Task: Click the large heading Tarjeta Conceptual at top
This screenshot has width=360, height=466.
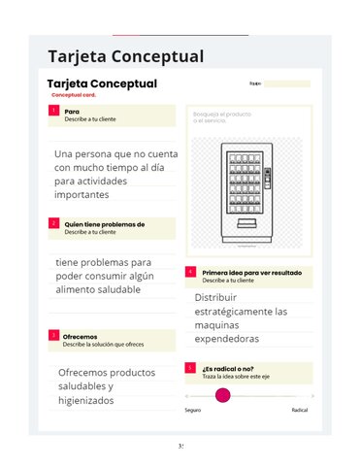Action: (125, 56)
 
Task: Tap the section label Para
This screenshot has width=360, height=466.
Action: (72, 112)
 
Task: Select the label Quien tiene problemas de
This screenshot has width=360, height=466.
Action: (104, 224)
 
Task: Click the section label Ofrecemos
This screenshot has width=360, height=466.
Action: (81, 336)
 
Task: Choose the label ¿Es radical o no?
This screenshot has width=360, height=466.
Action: (228, 369)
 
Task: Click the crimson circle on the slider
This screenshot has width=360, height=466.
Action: (223, 396)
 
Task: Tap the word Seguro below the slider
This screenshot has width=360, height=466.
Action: (193, 411)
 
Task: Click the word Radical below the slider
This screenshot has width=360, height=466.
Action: (300, 411)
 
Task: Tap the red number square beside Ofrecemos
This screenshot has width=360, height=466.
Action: (52, 337)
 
